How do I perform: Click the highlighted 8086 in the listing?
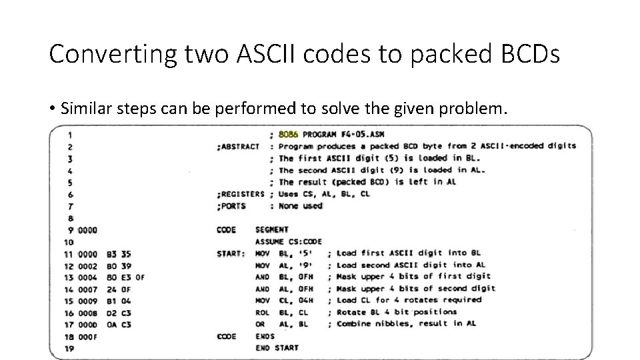[x=289, y=134]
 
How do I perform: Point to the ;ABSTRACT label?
[x=238, y=146]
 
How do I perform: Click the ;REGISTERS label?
[x=240, y=194]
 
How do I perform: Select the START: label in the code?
[x=231, y=253]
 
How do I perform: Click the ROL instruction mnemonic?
[x=263, y=312]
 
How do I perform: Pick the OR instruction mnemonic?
[x=261, y=324]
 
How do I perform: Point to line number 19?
[x=69, y=348]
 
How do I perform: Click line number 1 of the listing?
[x=70, y=134]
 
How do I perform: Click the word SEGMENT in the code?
[x=271, y=230]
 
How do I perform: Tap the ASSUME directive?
[x=269, y=241]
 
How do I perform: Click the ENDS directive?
[x=265, y=336]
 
